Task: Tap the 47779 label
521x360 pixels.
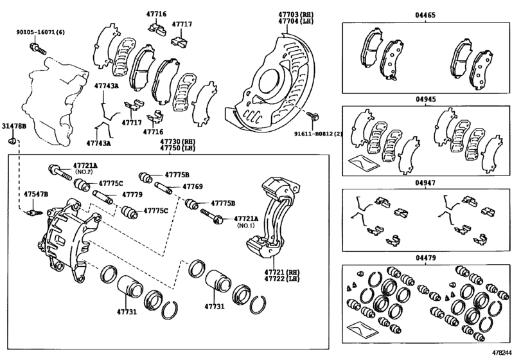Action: click(131, 194)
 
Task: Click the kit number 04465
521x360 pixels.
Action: click(427, 14)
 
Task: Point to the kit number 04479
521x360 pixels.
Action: click(427, 258)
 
